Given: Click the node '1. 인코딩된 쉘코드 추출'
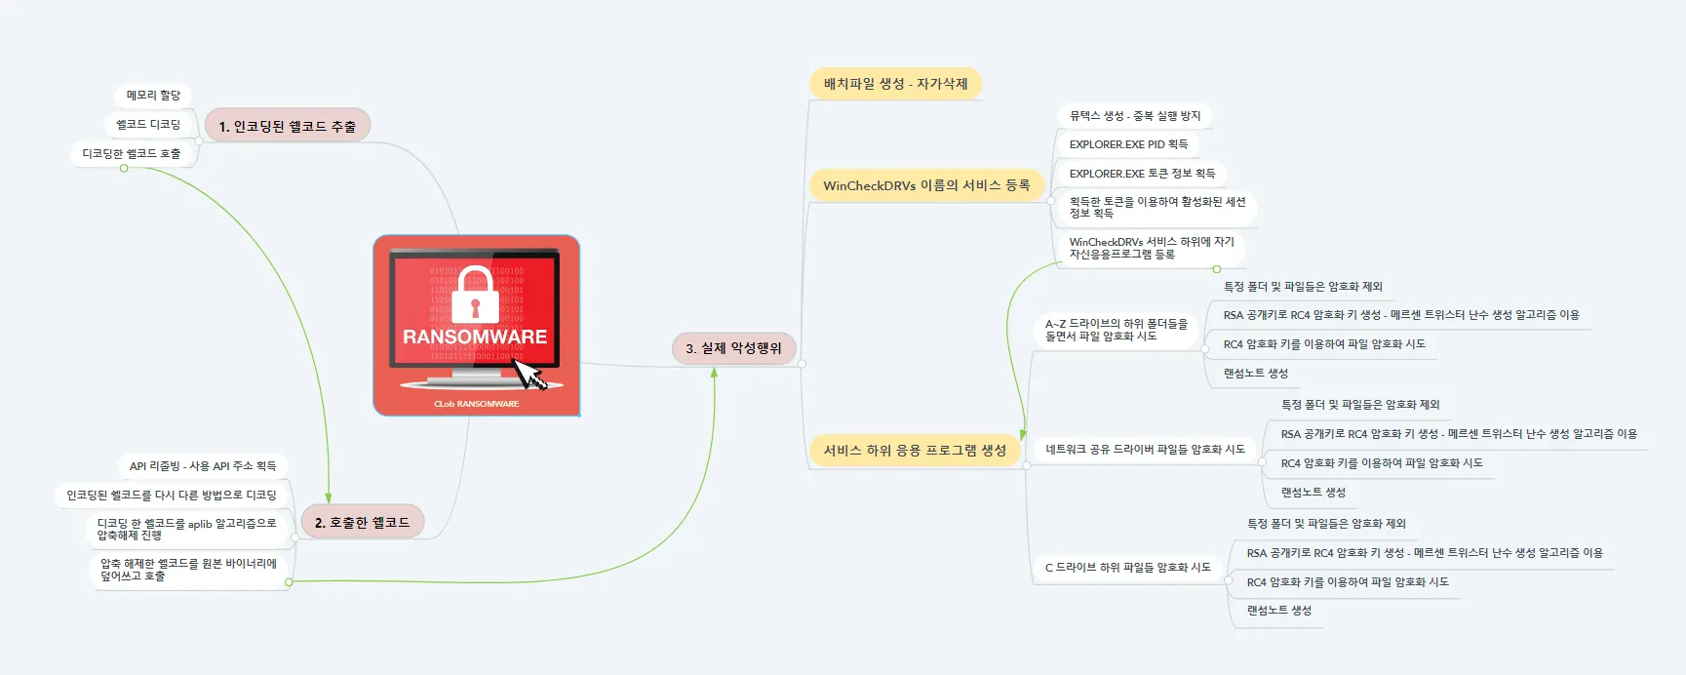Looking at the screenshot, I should click(x=287, y=126).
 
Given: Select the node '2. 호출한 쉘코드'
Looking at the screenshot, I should click(x=362, y=522).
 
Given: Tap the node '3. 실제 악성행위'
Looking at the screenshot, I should click(x=733, y=348).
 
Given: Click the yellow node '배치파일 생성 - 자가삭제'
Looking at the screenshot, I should click(x=895, y=84).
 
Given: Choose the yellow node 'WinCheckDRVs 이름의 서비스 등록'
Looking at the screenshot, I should click(x=925, y=185).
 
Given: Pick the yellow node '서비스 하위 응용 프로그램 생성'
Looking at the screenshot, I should click(x=914, y=450).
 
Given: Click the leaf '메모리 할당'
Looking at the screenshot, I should click(x=153, y=96).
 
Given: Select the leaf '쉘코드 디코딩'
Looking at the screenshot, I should click(x=148, y=125).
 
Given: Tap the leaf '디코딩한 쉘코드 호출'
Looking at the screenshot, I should click(x=132, y=154).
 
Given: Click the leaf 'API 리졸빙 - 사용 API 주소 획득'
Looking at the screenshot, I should click(x=203, y=466).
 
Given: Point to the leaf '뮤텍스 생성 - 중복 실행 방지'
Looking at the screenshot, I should click(x=1134, y=116).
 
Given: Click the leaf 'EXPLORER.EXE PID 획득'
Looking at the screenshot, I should click(x=1127, y=144).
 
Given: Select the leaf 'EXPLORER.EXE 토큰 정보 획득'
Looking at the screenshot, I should click(x=1141, y=174).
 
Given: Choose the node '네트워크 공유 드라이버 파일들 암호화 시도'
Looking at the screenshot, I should click(x=1145, y=450).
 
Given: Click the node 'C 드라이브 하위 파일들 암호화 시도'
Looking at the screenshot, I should click(x=1127, y=567).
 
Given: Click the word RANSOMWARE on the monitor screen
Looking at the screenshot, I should click(x=475, y=337).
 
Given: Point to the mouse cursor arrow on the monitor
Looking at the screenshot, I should click(x=529, y=374).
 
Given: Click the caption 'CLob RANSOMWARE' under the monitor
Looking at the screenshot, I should click(x=476, y=404).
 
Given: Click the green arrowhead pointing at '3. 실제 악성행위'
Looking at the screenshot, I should click(x=715, y=374).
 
